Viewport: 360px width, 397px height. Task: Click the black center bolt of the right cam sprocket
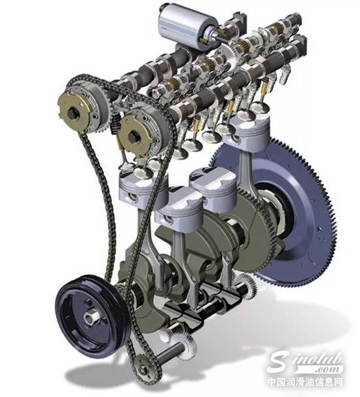[x=133, y=138]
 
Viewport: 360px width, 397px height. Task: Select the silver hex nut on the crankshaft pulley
[x=90, y=317]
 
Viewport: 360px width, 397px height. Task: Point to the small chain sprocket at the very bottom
[x=144, y=370]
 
